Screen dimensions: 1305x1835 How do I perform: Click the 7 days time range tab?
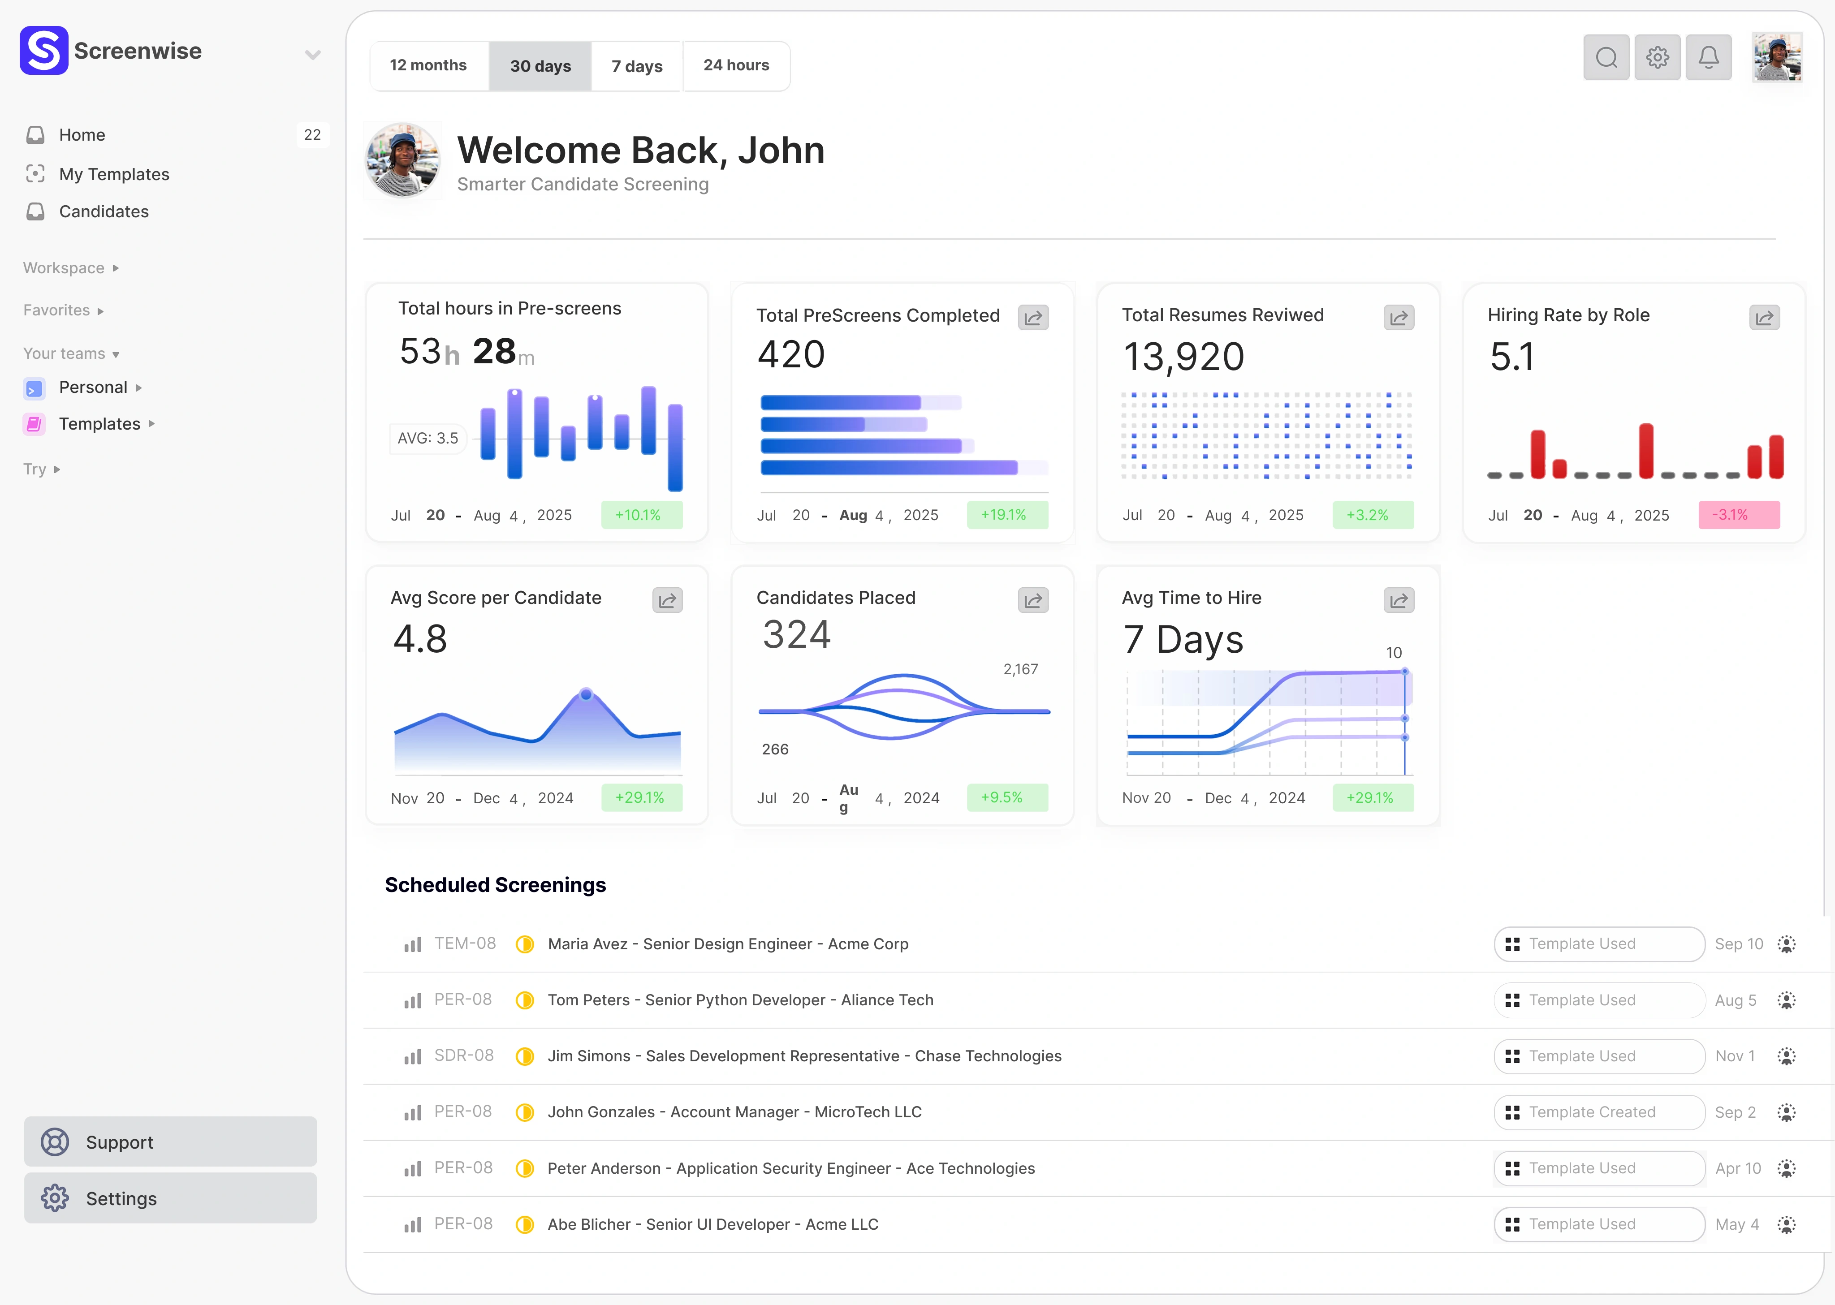tap(637, 66)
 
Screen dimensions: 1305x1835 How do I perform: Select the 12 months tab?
tap(428, 66)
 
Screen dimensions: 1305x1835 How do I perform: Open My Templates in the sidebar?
tap(114, 174)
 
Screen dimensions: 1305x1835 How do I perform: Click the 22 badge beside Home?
tap(312, 135)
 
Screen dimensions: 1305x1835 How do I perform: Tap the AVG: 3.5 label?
tap(427, 439)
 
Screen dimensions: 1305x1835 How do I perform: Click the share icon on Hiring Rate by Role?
tap(1764, 318)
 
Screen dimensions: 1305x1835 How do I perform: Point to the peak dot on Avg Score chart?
tap(586, 694)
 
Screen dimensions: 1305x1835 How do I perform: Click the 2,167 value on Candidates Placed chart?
tap(1020, 669)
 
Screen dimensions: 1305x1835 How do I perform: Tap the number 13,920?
tap(1183, 357)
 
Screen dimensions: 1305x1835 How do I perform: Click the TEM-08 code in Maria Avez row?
tap(465, 943)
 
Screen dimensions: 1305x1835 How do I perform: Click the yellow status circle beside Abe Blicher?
tap(525, 1225)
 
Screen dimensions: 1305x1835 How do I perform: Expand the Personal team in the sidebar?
tap(93, 388)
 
